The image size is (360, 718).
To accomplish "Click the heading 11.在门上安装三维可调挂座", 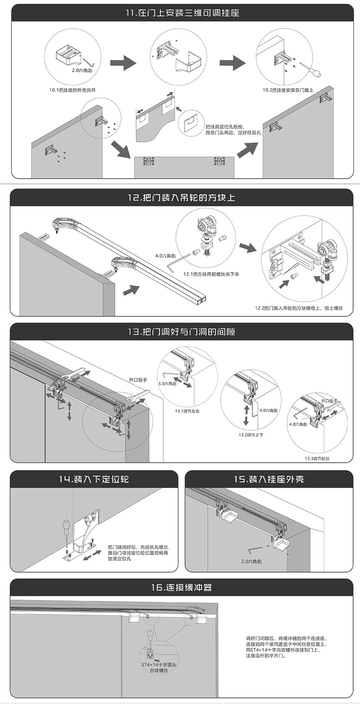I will (182, 13).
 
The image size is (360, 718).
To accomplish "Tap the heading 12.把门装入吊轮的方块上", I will (182, 198).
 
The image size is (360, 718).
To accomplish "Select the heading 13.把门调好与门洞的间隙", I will (182, 332).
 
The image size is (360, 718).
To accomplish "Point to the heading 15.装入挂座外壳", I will (269, 479).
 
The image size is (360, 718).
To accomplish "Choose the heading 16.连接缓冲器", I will (182, 588).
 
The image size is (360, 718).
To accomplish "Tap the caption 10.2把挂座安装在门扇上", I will (288, 90).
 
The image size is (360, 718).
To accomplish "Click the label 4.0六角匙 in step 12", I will (165, 256).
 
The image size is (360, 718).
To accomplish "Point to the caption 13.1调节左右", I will (187, 411).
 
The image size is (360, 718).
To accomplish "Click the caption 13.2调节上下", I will (251, 435).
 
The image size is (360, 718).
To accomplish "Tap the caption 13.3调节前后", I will (317, 458).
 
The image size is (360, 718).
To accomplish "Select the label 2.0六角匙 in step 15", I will (252, 561).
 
